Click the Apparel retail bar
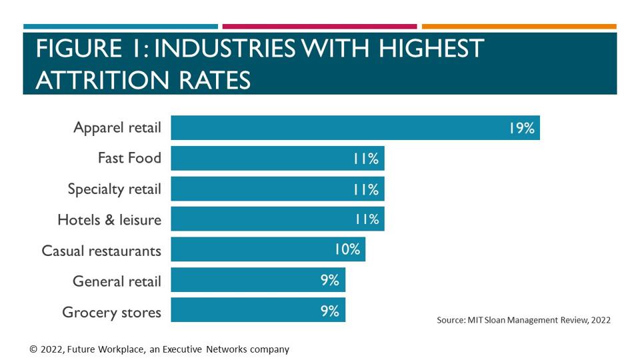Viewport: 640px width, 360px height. [x=355, y=127]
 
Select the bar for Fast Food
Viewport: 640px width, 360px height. [x=277, y=158]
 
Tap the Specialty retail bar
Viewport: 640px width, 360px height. [x=277, y=189]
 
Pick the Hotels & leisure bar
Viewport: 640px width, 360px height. [x=277, y=219]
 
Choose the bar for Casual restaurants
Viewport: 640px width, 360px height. [x=268, y=249]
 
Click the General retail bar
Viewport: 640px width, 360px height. [x=258, y=280]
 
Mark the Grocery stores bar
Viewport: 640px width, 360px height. [x=258, y=311]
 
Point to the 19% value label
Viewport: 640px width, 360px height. [x=521, y=128]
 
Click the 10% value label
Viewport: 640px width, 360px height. [x=347, y=249]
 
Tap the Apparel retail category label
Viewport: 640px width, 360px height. [x=117, y=127]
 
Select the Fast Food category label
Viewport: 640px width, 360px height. [x=129, y=158]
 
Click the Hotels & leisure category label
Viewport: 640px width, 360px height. [x=109, y=219]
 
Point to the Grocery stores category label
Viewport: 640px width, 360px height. [x=111, y=311]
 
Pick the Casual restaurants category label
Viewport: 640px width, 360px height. [x=101, y=250]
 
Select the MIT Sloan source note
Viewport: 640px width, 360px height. [x=523, y=320]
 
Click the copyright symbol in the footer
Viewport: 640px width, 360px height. [x=33, y=349]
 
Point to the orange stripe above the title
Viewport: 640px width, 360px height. [x=519, y=27]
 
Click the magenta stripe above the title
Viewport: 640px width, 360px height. [x=319, y=27]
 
